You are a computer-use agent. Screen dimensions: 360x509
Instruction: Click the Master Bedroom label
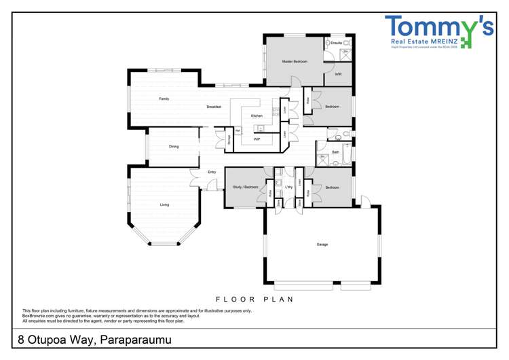(x=295, y=62)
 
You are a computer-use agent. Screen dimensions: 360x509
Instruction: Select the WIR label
(x=338, y=74)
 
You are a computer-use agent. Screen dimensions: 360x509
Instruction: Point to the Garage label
(x=322, y=245)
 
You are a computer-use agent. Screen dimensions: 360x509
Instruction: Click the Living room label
(x=164, y=204)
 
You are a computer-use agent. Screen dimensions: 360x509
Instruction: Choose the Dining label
(x=174, y=147)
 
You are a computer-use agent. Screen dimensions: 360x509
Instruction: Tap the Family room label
(x=164, y=99)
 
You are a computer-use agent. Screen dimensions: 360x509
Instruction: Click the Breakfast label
(x=214, y=107)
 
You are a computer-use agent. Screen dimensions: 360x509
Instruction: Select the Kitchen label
(x=257, y=116)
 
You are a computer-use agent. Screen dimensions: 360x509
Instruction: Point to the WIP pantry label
(x=257, y=139)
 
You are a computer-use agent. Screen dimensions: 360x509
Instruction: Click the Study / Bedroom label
(x=245, y=186)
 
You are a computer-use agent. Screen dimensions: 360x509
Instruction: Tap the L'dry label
(x=288, y=187)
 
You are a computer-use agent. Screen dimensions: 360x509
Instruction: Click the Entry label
(x=212, y=172)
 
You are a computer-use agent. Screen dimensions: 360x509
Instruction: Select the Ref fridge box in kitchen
(x=238, y=130)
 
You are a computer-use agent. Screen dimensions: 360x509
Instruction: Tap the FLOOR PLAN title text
(x=254, y=298)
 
